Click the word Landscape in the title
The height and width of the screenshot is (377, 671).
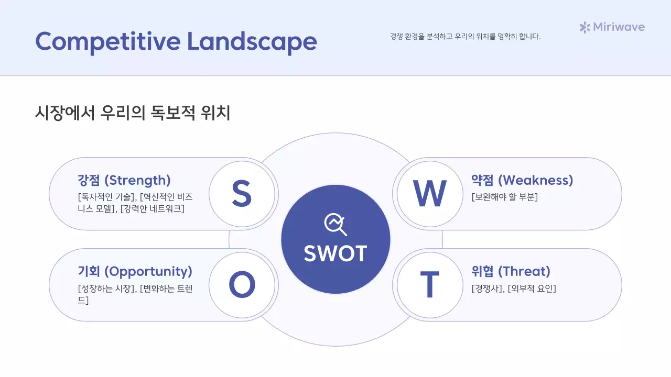pyautogui.click(x=252, y=41)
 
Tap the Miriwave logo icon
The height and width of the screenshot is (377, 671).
pyautogui.click(x=585, y=27)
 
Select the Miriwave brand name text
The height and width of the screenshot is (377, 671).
pyautogui.click(x=619, y=27)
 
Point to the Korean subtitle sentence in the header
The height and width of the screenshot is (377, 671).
pyautogui.click(x=465, y=37)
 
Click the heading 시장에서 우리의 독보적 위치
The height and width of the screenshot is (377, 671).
pyautogui.click(x=133, y=113)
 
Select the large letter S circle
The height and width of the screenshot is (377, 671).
pyautogui.click(x=242, y=194)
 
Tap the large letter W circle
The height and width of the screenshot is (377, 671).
pyautogui.click(x=430, y=194)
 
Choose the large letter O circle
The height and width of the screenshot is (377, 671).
pyautogui.click(x=242, y=285)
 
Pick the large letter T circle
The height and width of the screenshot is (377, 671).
pyautogui.click(x=430, y=285)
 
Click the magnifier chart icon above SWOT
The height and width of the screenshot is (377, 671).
pyautogui.click(x=335, y=225)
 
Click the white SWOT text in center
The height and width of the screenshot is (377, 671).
pyautogui.click(x=335, y=254)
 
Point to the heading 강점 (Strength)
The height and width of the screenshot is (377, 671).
pyautogui.click(x=124, y=181)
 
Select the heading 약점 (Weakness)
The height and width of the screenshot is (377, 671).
pyautogui.click(x=522, y=181)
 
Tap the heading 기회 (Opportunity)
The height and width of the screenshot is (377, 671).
pyautogui.click(x=135, y=272)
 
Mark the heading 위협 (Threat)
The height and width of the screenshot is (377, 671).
pyautogui.click(x=511, y=272)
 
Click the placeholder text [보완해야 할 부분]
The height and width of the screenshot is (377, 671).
pyautogui.click(x=505, y=197)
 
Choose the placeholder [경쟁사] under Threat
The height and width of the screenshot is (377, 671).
pyautogui.click(x=487, y=289)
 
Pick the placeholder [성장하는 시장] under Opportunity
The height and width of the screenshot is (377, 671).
pyautogui.click(x=106, y=289)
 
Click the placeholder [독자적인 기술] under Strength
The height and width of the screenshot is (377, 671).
pyautogui.click(x=106, y=197)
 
